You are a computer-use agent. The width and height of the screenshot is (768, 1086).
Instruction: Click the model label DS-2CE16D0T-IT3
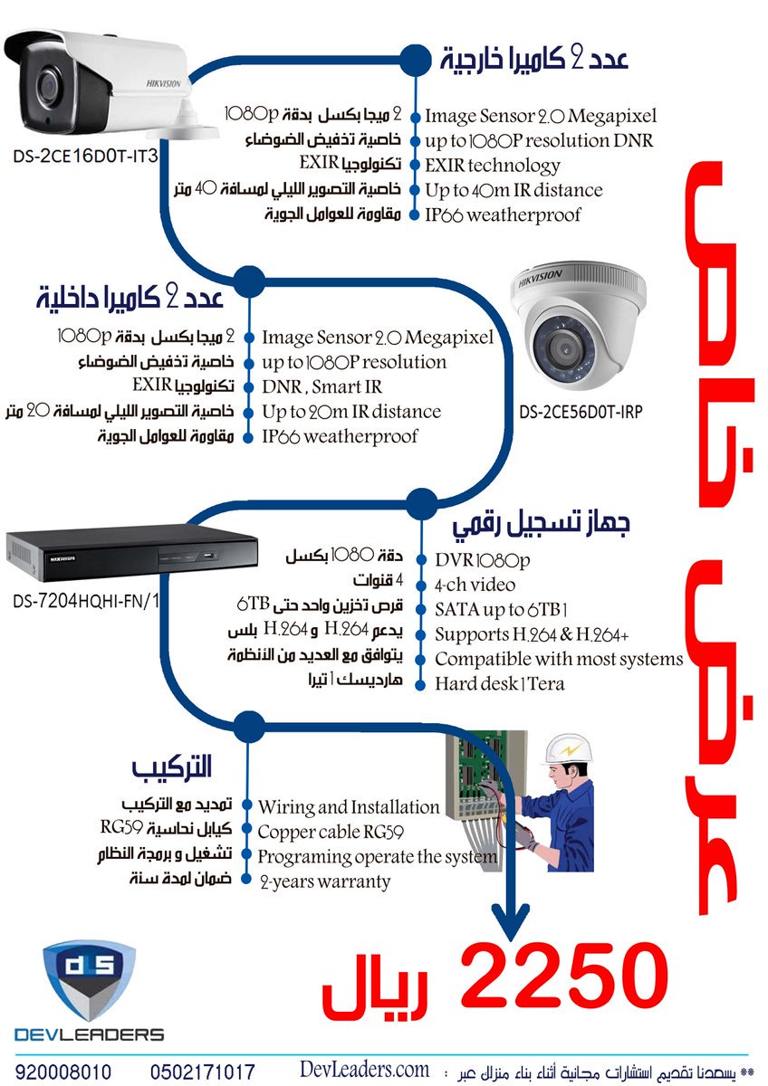[x=85, y=157]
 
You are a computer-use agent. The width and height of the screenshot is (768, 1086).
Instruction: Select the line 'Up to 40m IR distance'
[x=514, y=190]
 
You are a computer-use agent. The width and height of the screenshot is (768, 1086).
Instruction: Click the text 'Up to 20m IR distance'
[x=350, y=412]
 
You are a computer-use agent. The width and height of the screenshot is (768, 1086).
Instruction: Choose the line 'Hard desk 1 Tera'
[x=499, y=683]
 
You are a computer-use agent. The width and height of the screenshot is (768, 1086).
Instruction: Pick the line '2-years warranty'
[x=324, y=881]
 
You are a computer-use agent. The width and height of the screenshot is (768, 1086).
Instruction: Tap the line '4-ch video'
[x=475, y=585]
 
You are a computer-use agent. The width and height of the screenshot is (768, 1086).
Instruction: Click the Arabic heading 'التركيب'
[x=171, y=768]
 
